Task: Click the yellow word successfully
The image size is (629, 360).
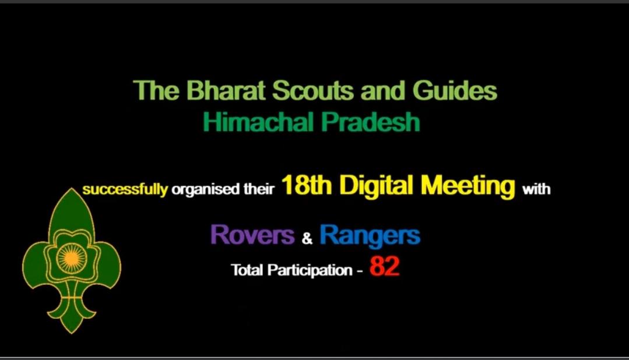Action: (125, 190)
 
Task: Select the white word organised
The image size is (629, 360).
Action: (200, 190)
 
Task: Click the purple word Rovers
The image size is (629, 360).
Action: (252, 235)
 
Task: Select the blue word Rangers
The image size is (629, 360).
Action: (370, 235)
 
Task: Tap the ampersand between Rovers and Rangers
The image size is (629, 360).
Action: (307, 238)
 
